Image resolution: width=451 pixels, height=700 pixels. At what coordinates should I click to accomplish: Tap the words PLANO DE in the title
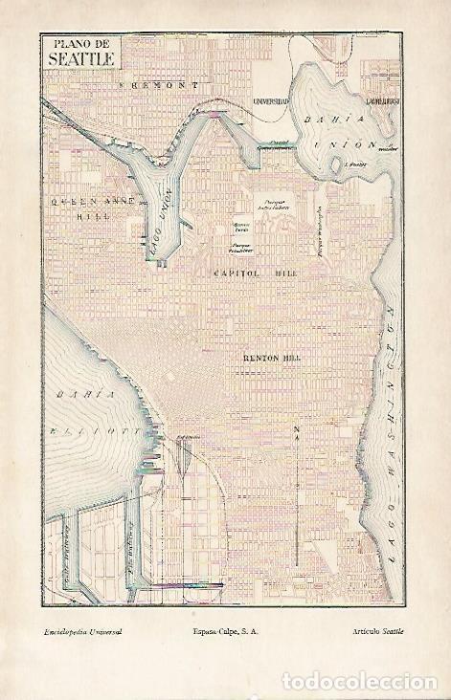79,43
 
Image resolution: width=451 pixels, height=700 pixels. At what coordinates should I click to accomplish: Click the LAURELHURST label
382,100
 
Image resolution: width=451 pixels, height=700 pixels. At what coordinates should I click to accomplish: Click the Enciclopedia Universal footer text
82,633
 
